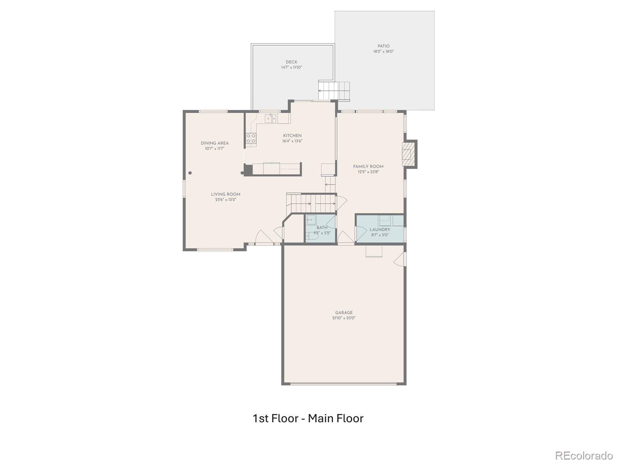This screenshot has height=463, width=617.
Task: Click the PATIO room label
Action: coord(383,46)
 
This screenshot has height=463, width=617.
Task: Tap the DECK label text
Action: coord(292,62)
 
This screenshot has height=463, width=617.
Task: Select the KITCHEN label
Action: coord(292,135)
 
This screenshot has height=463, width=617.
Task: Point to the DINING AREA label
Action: coord(214,143)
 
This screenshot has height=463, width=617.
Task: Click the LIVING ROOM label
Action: coord(226,194)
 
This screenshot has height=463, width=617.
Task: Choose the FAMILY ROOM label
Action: coord(368,166)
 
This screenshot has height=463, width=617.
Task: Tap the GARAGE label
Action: coord(344,313)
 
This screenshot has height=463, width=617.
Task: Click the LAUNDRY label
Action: coord(380,230)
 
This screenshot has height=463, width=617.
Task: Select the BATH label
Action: coord(322,227)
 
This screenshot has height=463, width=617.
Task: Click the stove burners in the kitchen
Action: coord(251,138)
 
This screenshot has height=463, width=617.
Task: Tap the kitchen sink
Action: coord(270,118)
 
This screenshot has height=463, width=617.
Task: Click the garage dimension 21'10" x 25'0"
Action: coord(344,318)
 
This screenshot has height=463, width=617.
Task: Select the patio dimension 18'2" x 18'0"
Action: coord(383,52)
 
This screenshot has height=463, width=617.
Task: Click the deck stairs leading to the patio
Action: coord(334,91)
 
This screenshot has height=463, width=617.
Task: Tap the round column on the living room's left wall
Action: coord(190,173)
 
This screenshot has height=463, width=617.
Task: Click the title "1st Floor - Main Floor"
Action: coord(308,418)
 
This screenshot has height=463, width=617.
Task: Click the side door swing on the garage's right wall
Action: coord(399,259)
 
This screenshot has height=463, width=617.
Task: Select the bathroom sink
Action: coord(311,220)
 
